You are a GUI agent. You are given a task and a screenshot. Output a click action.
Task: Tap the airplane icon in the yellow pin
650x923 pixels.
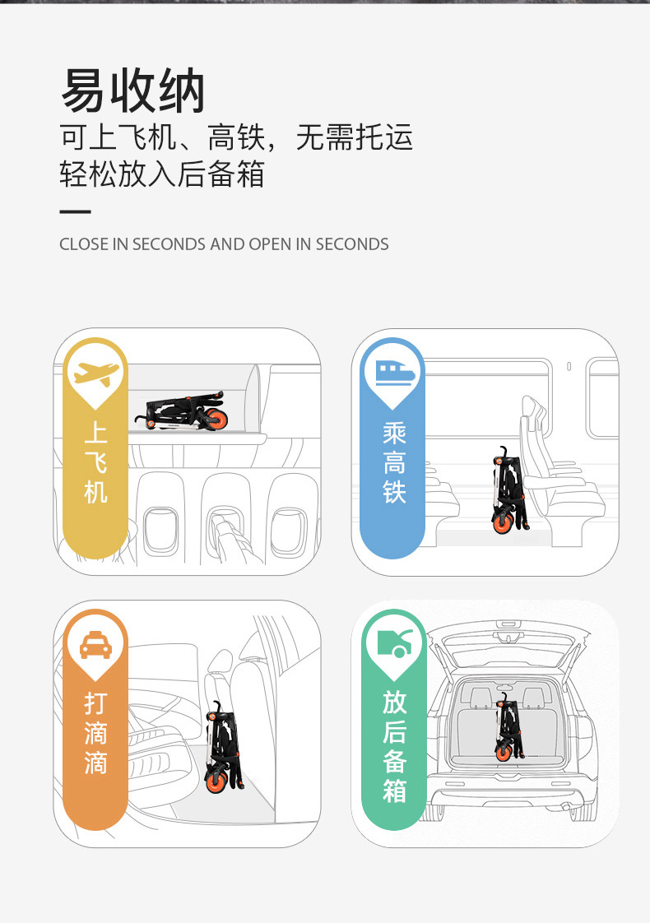[x=97, y=375]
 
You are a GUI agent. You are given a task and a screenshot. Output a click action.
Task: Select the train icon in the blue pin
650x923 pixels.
[x=394, y=373]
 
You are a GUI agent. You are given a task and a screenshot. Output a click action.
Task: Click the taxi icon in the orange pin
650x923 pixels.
[x=96, y=647]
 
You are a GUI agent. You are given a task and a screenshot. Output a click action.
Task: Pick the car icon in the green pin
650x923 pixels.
[x=394, y=642]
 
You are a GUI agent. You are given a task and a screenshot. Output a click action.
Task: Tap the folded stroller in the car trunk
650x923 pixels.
[x=503, y=727]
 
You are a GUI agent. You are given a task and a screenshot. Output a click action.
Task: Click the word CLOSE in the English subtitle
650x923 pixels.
[x=84, y=244]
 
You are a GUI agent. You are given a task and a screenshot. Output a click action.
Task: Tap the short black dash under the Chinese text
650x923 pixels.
[x=75, y=212]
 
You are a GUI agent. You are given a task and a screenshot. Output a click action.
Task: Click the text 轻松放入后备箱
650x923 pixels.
[x=162, y=174]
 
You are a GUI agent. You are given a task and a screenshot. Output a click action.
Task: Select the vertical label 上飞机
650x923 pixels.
[x=96, y=462]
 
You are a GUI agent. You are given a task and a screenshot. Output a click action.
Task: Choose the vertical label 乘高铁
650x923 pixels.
[x=394, y=462]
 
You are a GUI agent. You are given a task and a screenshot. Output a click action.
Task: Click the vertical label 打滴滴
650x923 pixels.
[x=96, y=733]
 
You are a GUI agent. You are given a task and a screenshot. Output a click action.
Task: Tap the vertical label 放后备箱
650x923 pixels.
[x=394, y=746]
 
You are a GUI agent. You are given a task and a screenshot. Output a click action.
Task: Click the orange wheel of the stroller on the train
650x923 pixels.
[x=501, y=522]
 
